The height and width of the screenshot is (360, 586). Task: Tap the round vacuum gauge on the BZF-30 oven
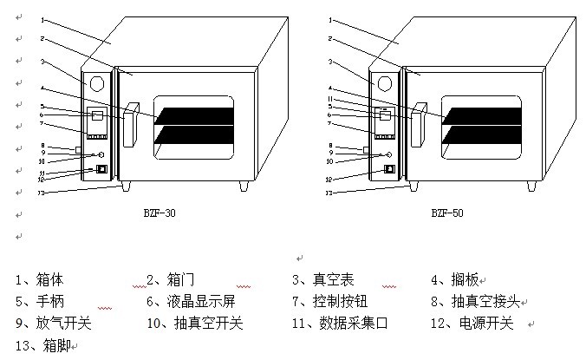pos(96,84)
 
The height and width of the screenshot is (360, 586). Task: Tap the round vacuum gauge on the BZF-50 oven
pos(385,84)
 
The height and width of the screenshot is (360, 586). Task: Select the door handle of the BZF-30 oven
pos(131,124)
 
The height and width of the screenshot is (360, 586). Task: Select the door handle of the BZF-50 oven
pos(419,124)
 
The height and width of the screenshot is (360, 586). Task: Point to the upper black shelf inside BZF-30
pos(195,113)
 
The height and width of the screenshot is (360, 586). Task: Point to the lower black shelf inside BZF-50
pos(482,134)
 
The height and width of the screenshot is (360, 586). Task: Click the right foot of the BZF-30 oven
pos(244,186)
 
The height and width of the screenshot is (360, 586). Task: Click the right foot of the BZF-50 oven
pos(531,186)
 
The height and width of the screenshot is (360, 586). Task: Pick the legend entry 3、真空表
pos(322,280)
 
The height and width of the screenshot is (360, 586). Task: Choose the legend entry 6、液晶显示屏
pos(191,302)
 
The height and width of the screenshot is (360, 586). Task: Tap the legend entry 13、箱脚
pos(43,345)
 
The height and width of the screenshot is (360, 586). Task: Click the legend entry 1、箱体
pos(40,280)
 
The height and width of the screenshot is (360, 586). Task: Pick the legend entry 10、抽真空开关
pos(195,324)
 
